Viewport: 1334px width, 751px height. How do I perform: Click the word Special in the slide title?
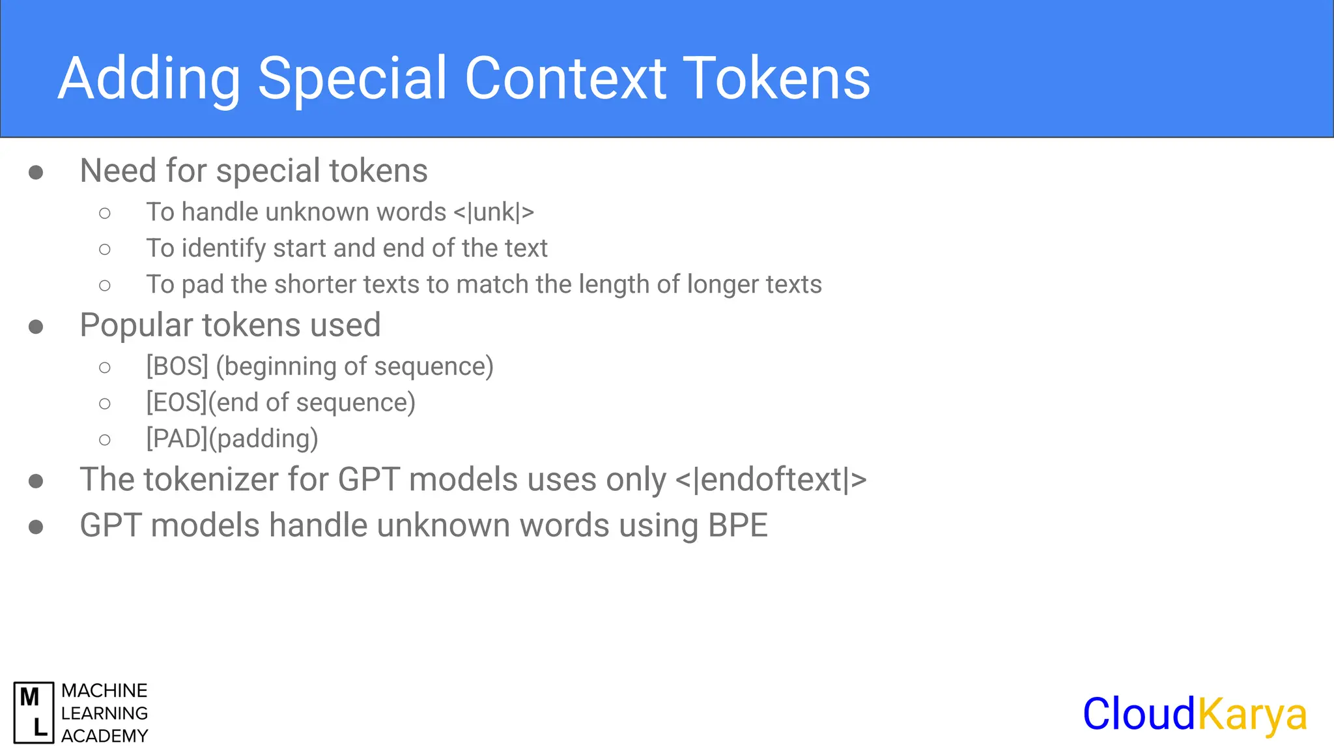coord(352,78)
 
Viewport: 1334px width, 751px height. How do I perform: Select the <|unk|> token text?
coord(494,213)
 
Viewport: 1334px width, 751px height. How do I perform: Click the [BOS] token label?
coord(177,366)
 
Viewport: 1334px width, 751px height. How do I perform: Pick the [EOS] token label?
coord(177,403)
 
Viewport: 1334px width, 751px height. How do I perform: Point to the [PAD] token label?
coord(177,439)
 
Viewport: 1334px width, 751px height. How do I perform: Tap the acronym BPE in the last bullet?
coord(738,525)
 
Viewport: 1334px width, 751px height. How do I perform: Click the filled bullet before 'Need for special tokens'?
coord(36,173)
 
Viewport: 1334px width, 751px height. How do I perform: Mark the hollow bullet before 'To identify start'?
coord(105,249)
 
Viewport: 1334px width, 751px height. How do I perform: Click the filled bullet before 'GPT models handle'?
coord(36,527)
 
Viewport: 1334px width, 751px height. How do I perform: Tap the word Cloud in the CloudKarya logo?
coord(1139,714)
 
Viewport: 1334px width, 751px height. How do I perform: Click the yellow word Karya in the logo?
coord(1252,715)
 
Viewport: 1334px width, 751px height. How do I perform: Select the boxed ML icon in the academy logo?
coord(34,713)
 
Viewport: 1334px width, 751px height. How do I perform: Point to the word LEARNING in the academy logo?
coord(104,713)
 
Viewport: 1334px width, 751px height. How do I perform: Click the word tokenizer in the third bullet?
coord(211,480)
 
